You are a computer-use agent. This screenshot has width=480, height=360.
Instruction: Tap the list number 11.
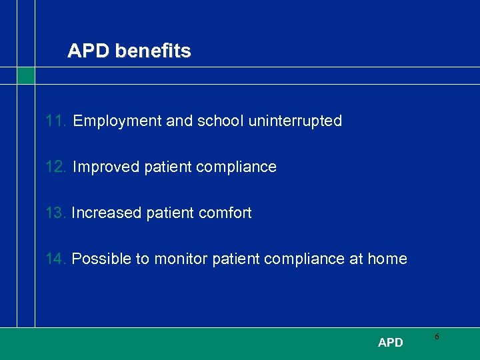coord(56,121)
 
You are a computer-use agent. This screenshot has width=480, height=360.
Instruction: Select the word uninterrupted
coord(295,121)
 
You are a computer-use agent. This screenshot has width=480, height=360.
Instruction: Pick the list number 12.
coord(56,167)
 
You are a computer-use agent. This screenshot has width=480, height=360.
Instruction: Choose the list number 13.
coord(56,213)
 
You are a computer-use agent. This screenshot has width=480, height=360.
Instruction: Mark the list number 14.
coord(56,259)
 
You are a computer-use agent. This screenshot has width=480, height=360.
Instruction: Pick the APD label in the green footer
coord(390,343)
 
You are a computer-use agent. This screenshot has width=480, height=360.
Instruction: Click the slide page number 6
coord(437,337)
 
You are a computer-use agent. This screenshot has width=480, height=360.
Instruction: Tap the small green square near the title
coord(25,75)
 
